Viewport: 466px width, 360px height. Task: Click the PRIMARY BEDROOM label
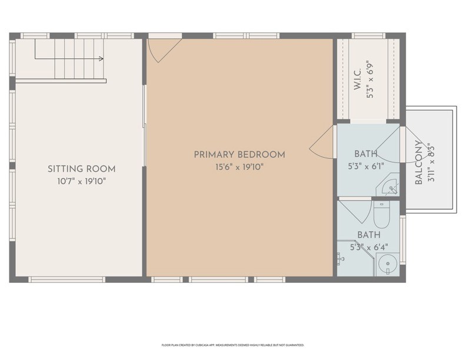point(239,155)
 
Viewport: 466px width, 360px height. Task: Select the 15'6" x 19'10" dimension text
point(239,167)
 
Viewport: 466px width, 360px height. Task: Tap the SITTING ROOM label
point(81,169)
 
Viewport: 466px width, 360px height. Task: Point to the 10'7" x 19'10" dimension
point(81,181)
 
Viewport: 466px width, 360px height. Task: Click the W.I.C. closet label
point(357,79)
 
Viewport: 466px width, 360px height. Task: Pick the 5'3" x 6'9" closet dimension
point(370,81)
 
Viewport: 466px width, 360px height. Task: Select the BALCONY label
point(418,162)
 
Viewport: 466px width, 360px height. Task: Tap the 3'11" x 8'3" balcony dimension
point(431,163)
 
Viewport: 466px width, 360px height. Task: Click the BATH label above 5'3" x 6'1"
point(366,154)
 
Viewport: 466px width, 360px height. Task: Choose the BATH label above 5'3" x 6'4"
point(369,235)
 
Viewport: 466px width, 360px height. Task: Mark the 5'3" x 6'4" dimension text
point(369,247)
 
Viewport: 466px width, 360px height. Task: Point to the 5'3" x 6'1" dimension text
point(366,166)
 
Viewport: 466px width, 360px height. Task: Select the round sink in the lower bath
point(388,264)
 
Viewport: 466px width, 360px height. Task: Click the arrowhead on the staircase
point(101,59)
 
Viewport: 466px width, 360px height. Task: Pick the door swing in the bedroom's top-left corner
point(162,51)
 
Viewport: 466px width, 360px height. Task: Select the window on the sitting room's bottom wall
point(67,279)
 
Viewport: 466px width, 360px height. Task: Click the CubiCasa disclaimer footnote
point(233,345)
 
